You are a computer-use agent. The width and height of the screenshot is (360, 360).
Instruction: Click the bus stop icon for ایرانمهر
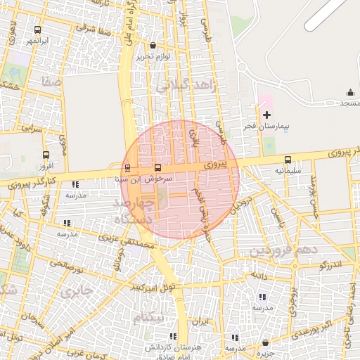(x=37, y=30)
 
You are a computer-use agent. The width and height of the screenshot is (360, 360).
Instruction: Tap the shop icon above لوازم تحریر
(x=153, y=45)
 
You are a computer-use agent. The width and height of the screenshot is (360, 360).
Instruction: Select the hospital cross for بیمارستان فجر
(x=266, y=115)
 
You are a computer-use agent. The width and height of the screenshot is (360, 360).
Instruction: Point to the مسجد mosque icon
(x=350, y=93)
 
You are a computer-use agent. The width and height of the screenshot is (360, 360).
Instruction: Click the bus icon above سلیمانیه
(x=288, y=160)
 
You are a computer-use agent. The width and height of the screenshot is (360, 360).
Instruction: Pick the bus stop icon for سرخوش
(x=157, y=168)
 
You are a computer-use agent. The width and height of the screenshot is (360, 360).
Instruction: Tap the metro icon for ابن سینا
(x=127, y=168)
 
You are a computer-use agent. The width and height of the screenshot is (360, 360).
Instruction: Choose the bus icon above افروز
(x=46, y=155)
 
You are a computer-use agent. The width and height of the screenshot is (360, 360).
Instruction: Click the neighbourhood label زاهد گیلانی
(x=184, y=86)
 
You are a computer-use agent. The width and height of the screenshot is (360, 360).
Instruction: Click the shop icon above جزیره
(x=266, y=342)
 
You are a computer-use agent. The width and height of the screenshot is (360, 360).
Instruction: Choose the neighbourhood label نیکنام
(x=149, y=318)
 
